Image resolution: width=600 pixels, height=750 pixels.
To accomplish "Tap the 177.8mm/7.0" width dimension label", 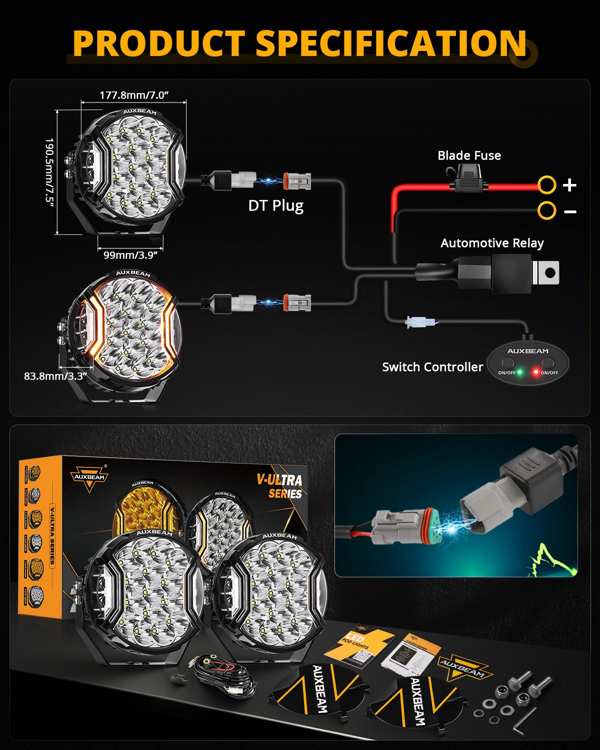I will tap(133, 95).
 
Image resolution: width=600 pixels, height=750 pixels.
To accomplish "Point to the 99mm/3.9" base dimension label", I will tap(130, 255).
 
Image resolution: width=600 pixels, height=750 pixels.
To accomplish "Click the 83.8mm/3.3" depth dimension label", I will tap(55, 376).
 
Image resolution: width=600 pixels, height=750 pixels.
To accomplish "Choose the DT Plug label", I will tap(275, 205).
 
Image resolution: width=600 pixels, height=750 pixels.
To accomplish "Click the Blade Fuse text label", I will tap(469, 155).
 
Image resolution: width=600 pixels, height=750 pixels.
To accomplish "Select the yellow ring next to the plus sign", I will tap(546, 185).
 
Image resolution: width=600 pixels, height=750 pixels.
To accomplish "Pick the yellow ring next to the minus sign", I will tap(546, 210).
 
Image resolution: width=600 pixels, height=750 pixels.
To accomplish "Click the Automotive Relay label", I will tap(492, 243).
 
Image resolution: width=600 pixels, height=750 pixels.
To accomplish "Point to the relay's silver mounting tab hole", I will tap(549, 273).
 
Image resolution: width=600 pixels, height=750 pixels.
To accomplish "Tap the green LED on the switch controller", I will tap(520, 372).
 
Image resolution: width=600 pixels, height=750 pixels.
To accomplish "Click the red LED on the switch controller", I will tap(535, 372).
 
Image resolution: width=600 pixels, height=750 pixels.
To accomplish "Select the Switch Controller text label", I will tap(432, 367).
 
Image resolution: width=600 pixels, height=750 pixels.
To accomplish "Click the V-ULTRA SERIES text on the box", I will tap(280, 486).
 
